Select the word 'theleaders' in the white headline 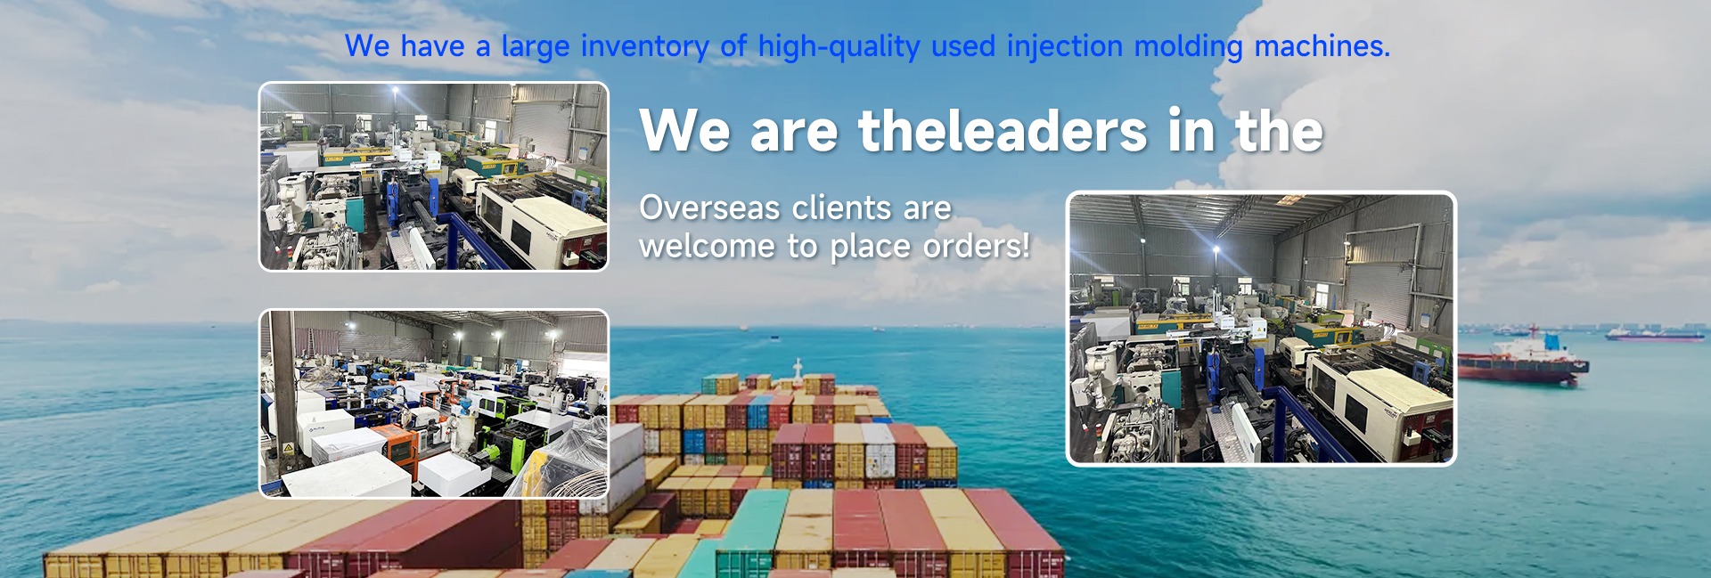tap(1003, 131)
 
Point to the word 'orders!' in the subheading tap(976, 245)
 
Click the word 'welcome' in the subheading tap(707, 245)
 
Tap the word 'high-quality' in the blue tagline tap(839, 46)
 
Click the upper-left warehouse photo tap(434, 176)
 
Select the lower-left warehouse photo tap(434, 403)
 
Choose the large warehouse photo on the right tap(1261, 328)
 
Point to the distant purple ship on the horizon tap(1654, 334)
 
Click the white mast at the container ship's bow tap(798, 372)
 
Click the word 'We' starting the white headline tap(684, 131)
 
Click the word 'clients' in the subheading tap(841, 208)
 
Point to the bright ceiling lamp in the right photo tap(1217, 251)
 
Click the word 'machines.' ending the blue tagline tap(1322, 46)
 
